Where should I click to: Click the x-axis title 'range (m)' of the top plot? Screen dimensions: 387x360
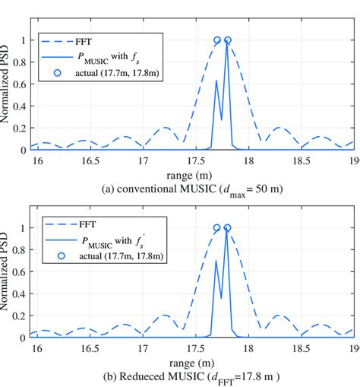(191, 175)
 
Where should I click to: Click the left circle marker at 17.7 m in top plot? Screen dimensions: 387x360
(217, 40)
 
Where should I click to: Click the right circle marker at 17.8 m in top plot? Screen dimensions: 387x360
(227, 40)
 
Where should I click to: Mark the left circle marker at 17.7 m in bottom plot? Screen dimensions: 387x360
(217, 228)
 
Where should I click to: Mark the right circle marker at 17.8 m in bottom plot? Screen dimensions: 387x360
(227, 228)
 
